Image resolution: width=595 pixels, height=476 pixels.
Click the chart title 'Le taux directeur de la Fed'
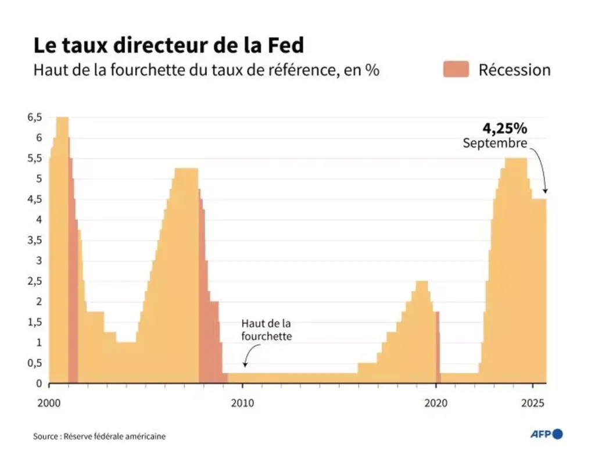tap(168, 46)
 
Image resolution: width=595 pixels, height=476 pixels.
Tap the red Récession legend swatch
tap(455, 70)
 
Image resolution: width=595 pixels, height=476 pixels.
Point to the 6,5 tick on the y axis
tap(34, 117)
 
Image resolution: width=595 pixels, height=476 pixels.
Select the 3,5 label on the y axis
tap(34, 240)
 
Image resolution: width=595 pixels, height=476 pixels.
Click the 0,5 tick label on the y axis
tap(34, 363)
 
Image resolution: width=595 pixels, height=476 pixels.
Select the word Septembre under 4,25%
tap(494, 143)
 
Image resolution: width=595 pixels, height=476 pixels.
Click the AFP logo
tap(547, 434)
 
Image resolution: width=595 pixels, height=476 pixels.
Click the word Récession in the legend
tap(514, 70)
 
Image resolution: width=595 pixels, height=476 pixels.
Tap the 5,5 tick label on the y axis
tap(34, 158)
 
